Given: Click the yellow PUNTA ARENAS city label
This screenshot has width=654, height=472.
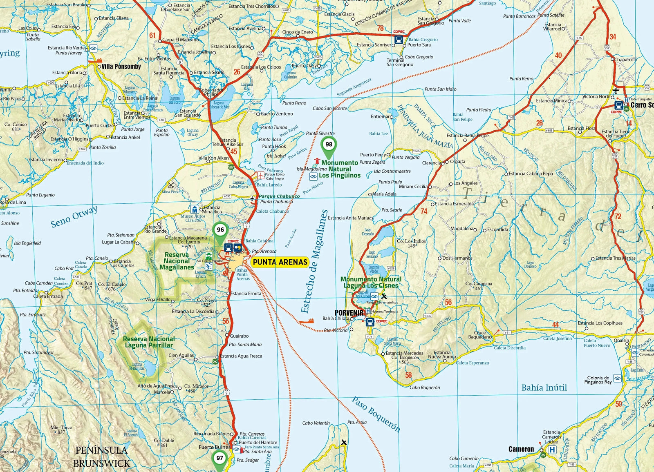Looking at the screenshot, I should tap(280, 262).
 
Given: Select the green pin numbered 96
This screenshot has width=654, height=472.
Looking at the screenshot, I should tap(220, 230).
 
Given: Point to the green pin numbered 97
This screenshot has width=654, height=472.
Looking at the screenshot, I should tap(220, 459).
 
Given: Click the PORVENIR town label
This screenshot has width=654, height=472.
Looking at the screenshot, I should tap(349, 313).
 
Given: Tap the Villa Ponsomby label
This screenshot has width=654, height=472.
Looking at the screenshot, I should tap(121, 67).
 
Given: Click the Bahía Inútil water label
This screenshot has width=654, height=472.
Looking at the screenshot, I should tap(544, 388).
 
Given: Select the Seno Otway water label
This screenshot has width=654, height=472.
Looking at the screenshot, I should tap(74, 217).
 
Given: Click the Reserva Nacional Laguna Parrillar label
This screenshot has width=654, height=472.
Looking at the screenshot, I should tap(149, 342).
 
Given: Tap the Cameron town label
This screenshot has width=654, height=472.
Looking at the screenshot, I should tap(521, 449).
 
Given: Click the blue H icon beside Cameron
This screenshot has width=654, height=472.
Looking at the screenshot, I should tap(552, 450).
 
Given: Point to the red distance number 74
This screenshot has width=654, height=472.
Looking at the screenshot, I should tap(424, 211).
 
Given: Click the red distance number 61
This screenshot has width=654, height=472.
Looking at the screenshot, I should tap(152, 36).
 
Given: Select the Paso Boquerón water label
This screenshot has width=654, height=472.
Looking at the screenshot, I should tap(376, 414).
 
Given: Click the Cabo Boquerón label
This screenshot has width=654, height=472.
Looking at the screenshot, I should tap(425, 387).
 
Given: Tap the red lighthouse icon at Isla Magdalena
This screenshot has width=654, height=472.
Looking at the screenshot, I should tap(317, 161).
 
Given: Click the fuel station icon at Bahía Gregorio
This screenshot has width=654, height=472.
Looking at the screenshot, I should tap(399, 40).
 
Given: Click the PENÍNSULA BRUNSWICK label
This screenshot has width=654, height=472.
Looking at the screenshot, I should tap(101, 457).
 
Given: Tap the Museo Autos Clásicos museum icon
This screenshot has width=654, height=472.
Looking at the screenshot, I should tap(195, 209).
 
